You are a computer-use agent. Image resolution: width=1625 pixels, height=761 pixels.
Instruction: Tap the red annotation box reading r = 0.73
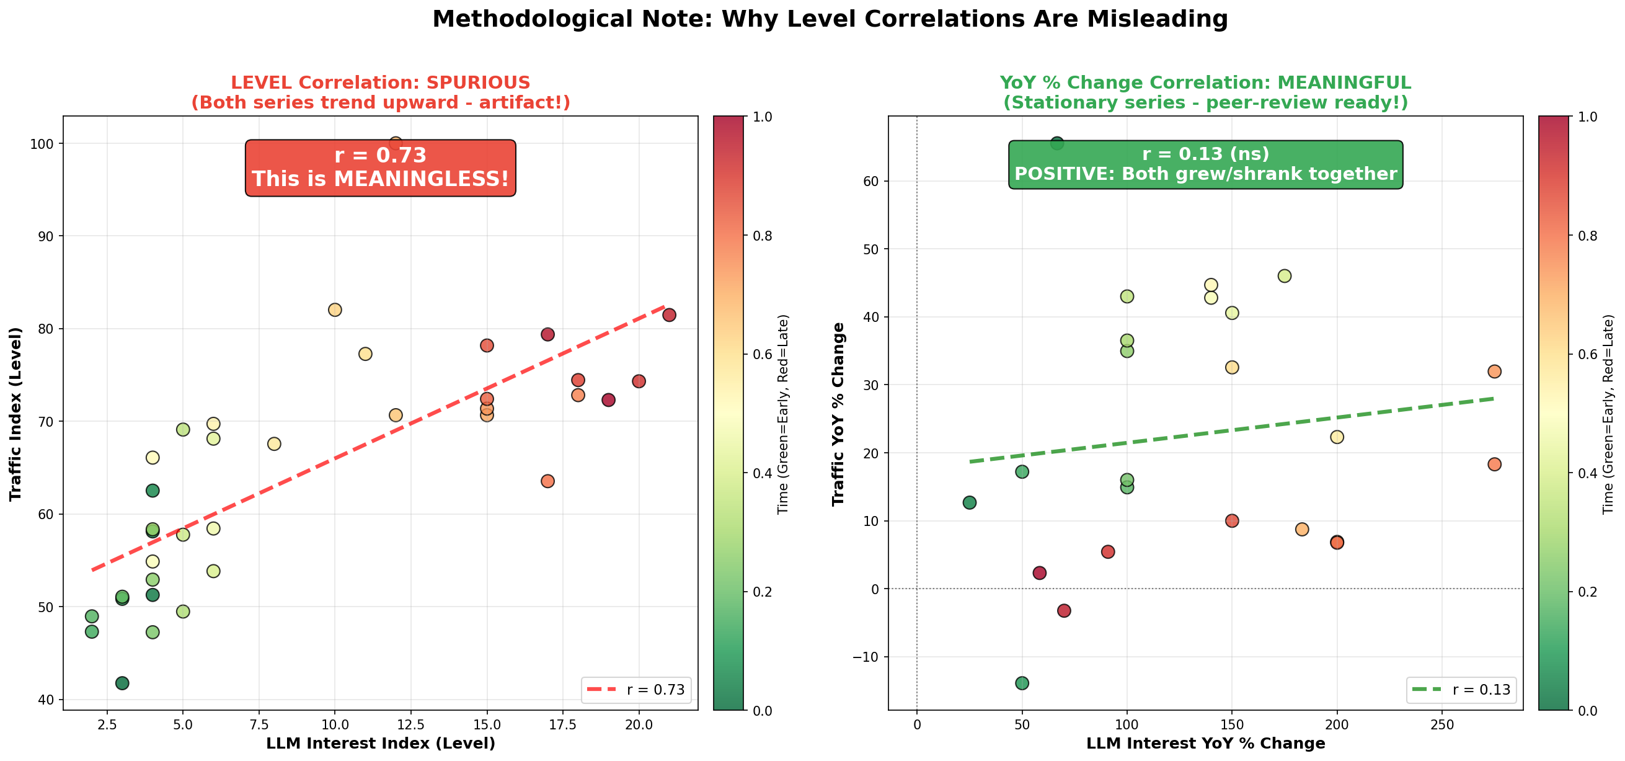tap(381, 167)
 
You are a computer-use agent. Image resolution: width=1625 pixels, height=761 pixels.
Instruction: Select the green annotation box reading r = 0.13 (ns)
tap(1205, 164)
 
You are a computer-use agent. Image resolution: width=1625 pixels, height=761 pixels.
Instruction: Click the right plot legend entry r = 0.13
tap(1461, 690)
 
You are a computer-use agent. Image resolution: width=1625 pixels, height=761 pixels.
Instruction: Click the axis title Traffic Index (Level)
tap(15, 414)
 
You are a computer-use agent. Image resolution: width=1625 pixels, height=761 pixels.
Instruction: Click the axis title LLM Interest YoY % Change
tap(1205, 744)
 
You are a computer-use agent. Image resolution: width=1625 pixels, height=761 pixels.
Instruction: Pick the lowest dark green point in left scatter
tap(122, 683)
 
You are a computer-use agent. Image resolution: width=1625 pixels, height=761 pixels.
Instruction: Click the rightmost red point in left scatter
tap(670, 315)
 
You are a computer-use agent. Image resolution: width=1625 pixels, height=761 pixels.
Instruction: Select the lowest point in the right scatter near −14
tap(1022, 683)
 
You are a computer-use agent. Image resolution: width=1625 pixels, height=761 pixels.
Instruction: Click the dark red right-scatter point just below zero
tap(1064, 610)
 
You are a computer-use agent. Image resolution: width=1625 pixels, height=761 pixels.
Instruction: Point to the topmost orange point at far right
tap(1494, 371)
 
